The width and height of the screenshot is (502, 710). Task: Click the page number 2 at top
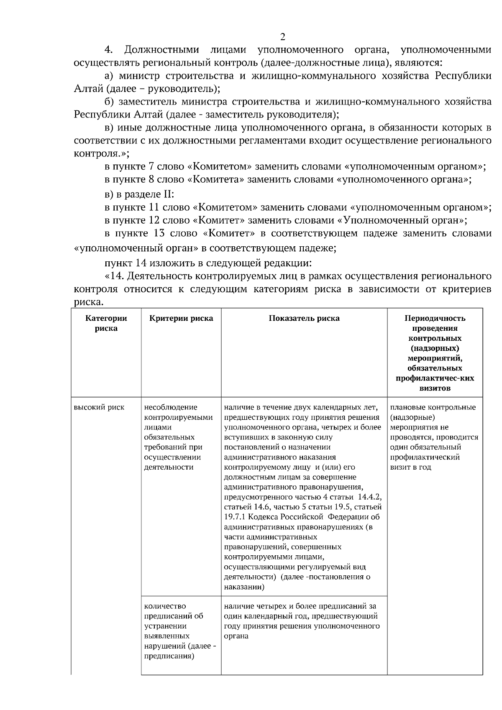pyautogui.click(x=282, y=37)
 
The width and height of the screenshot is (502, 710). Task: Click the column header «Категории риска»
pyautogui.click(x=106, y=323)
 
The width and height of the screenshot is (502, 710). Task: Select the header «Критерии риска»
pyautogui.click(x=181, y=318)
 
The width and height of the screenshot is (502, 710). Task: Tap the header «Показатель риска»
pyautogui.click(x=304, y=318)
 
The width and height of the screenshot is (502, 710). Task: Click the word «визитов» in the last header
pyautogui.click(x=435, y=388)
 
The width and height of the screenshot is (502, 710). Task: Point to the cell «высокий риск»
pyautogui.click(x=99, y=407)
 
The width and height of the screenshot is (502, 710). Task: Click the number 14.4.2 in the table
pyautogui.click(x=370, y=497)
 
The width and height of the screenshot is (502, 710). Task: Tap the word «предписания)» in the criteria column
pyautogui.click(x=169, y=656)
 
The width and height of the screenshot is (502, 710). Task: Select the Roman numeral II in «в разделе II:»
pyautogui.click(x=169, y=194)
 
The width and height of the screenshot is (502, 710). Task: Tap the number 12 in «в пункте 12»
pyautogui.click(x=154, y=220)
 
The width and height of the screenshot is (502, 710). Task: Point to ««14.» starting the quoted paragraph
pyautogui.click(x=115, y=276)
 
